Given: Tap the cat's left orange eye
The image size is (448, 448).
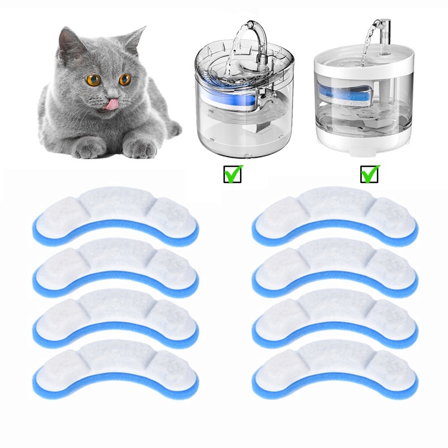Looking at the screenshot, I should click(x=94, y=80).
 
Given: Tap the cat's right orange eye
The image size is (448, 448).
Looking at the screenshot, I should click(x=125, y=80).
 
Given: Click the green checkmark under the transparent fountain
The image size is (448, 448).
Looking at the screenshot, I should click(x=233, y=174).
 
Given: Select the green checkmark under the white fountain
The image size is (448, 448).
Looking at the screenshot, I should click(x=369, y=174).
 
